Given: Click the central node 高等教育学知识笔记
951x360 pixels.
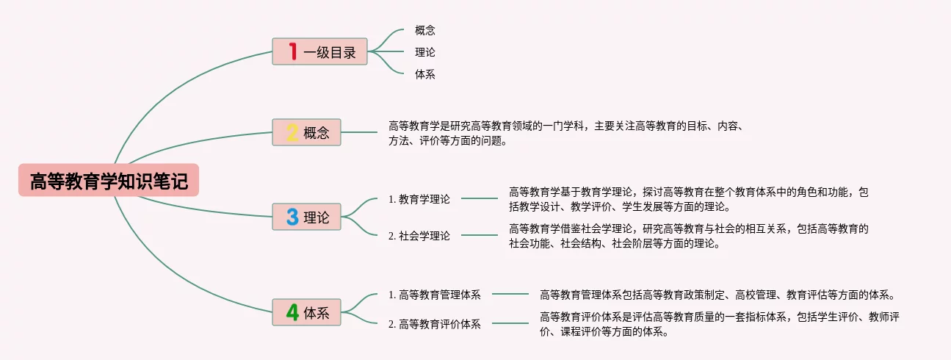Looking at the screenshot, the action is (x=109, y=181).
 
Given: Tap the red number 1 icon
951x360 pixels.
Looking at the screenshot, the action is (x=292, y=51).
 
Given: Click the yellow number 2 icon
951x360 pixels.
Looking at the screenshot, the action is (x=292, y=133).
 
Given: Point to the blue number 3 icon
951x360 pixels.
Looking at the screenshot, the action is (x=292, y=217).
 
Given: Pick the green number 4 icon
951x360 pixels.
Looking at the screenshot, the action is (x=292, y=313).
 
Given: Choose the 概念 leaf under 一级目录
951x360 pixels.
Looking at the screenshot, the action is (x=424, y=30).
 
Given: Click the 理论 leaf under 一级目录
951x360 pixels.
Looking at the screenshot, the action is (x=424, y=52).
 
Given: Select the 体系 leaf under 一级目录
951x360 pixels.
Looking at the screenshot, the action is (x=424, y=74).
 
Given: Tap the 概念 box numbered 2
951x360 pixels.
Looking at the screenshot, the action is (x=307, y=133).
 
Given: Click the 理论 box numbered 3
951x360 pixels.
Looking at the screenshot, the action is (x=307, y=217).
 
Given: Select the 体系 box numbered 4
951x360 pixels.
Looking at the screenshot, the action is (x=307, y=313).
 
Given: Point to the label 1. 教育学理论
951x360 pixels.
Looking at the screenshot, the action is (x=419, y=198).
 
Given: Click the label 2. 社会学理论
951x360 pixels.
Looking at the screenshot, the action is (x=419, y=236).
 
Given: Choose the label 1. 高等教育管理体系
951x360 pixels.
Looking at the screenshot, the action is (x=435, y=295).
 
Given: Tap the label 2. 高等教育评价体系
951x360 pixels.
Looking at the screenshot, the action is (x=435, y=324).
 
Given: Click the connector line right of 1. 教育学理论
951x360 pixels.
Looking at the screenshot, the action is (x=479, y=198).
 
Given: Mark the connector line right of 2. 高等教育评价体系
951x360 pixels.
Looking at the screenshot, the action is (x=510, y=323).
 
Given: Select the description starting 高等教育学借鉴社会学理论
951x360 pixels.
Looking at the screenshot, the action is (x=688, y=236).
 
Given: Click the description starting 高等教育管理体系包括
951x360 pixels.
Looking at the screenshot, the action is (x=717, y=295).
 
